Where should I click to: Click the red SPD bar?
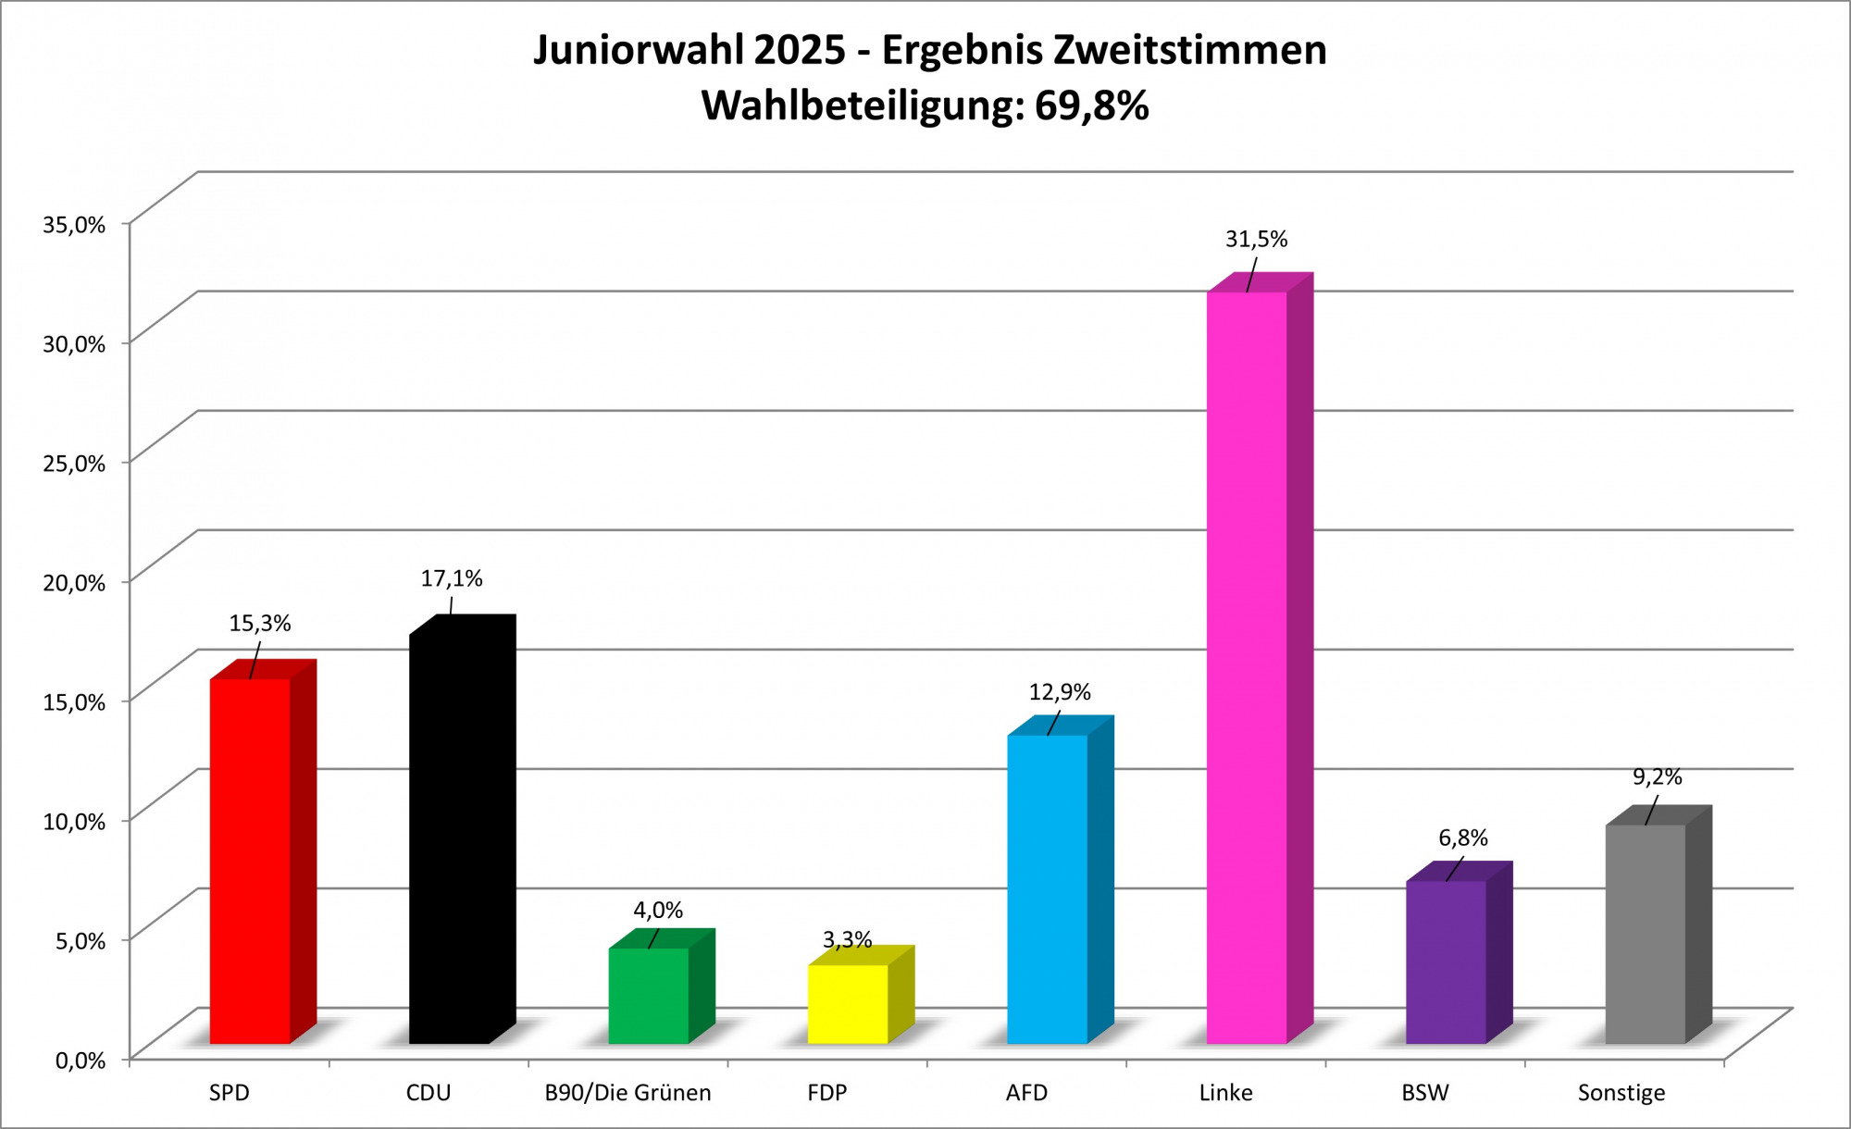click(250, 861)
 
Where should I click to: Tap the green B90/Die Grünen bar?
click(649, 996)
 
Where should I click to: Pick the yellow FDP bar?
click(848, 1004)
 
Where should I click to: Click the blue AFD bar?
click(1047, 889)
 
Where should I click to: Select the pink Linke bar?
click(1247, 667)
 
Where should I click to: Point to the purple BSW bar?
click(1446, 962)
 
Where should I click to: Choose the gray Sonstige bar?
click(1645, 934)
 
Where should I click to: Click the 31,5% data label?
click(1256, 239)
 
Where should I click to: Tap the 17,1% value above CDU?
click(452, 578)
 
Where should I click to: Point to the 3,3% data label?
click(848, 940)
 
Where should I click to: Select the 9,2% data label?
click(1657, 776)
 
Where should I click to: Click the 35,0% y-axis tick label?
click(74, 224)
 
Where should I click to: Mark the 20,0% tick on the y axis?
click(74, 582)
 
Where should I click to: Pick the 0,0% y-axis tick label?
click(80, 1061)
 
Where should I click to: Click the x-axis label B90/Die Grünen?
click(627, 1093)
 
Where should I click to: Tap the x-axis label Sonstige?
click(1621, 1093)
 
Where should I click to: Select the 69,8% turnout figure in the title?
click(1091, 105)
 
